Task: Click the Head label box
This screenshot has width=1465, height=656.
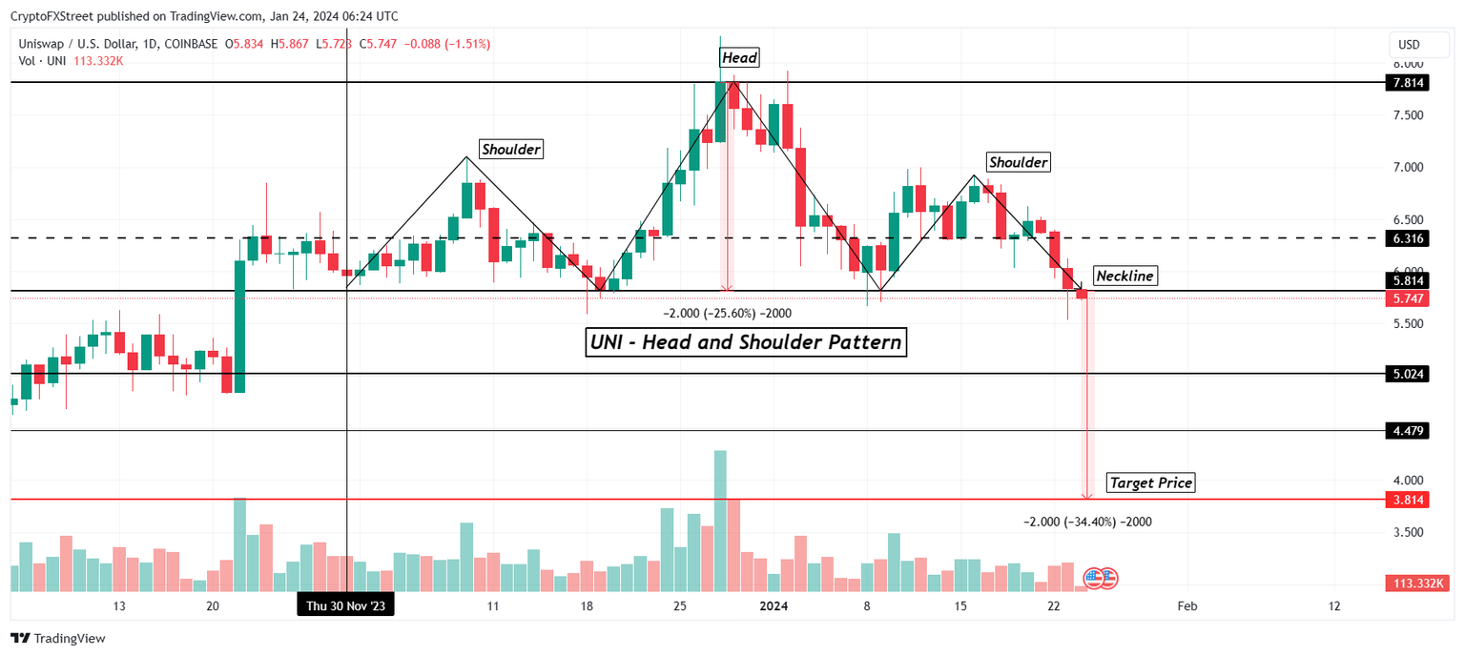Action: tap(739, 58)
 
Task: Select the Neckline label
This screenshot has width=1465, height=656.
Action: tap(1125, 277)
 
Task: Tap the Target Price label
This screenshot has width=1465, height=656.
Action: tap(1150, 483)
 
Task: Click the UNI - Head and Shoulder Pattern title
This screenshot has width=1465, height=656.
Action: tap(745, 342)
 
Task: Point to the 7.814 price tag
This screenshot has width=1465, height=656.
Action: tap(1405, 83)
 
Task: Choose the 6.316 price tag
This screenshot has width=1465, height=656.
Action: tap(1405, 237)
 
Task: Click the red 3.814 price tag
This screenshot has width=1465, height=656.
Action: tap(1405, 499)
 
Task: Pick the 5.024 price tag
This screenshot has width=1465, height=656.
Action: tap(1405, 374)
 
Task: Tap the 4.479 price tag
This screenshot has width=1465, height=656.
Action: tap(1405, 431)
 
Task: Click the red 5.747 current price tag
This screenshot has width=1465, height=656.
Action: tap(1405, 298)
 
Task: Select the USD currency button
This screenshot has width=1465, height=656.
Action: tap(1409, 45)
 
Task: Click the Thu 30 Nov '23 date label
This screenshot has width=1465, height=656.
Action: tap(345, 605)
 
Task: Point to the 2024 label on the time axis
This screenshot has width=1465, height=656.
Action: tap(774, 605)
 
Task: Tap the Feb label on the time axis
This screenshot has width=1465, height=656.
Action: tap(1186, 605)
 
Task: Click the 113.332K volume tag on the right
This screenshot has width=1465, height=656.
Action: tap(1418, 584)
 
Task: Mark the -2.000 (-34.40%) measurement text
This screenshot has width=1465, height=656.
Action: tap(1087, 523)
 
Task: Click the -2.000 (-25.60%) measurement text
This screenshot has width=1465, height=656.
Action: tap(727, 313)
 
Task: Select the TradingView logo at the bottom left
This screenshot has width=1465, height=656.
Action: tap(59, 639)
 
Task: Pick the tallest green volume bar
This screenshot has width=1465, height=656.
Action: tap(720, 521)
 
